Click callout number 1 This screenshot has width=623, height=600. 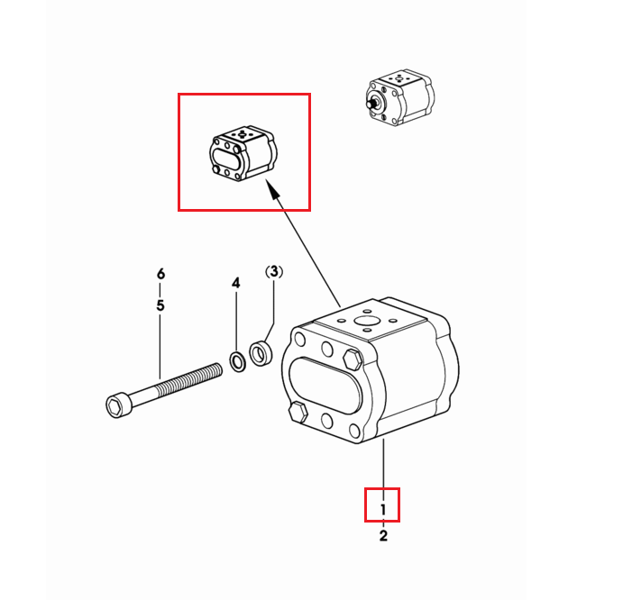point(383,510)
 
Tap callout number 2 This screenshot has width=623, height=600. point(383,536)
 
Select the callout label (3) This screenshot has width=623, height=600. point(274,272)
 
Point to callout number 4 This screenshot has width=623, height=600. point(236,283)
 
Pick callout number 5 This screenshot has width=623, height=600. point(160,305)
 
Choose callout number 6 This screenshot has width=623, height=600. point(160,274)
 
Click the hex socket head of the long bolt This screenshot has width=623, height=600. point(116,405)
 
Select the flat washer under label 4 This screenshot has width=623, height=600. point(238,362)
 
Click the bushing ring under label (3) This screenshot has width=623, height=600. point(261,352)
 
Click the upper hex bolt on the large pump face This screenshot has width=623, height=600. point(353,359)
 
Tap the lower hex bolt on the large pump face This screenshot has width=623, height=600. point(298,413)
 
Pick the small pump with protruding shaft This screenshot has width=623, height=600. point(399,99)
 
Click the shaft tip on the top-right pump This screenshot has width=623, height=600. point(369,103)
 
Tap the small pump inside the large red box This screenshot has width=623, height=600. point(243,154)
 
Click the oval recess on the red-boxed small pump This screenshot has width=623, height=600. point(225,159)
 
